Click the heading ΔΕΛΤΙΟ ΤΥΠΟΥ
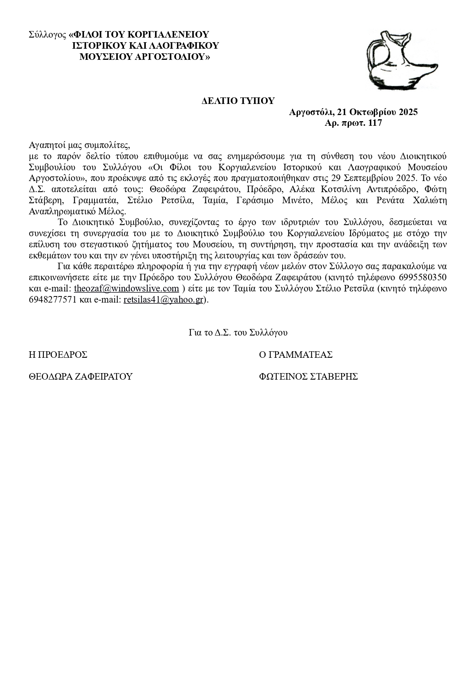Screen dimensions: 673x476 click(238, 101)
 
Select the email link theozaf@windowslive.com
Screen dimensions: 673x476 click(126, 288)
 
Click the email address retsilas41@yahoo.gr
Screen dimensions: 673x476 click(163, 300)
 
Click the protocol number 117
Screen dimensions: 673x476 click(375, 123)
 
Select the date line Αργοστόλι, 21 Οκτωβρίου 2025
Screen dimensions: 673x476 click(353, 112)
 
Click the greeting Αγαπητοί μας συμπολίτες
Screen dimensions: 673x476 click(80, 145)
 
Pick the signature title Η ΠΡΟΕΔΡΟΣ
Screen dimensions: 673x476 click(58, 355)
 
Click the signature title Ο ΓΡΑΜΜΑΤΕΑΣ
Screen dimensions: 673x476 click(296, 355)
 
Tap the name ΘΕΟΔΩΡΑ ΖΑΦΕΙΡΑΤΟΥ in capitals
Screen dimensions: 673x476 click(81, 377)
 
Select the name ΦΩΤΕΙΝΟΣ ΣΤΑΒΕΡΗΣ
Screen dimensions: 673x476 click(308, 377)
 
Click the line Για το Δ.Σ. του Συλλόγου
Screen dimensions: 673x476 click(238, 332)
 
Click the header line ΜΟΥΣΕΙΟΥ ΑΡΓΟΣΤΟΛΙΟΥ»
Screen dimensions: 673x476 click(145, 57)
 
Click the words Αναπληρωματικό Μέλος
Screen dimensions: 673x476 click(77, 212)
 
